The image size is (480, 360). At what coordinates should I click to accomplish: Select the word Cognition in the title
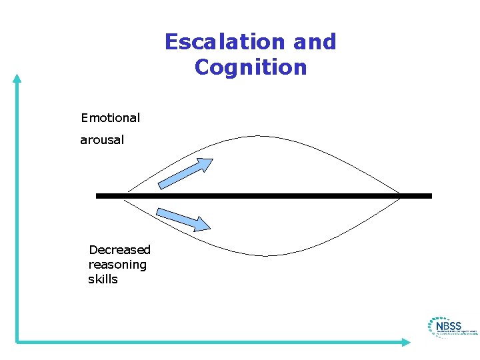pyautogui.click(x=251, y=67)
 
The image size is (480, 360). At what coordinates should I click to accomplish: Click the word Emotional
pyautogui.click(x=110, y=118)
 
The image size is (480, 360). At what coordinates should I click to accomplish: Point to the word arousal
pyautogui.click(x=102, y=140)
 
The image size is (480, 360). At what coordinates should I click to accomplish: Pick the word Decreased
pyautogui.click(x=120, y=250)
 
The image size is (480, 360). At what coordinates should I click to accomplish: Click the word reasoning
pyautogui.click(x=117, y=265)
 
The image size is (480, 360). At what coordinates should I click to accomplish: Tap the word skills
pyautogui.click(x=103, y=279)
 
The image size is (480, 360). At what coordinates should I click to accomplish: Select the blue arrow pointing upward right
pyautogui.click(x=186, y=173)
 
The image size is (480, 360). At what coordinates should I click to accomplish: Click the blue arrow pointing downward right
pyautogui.click(x=182, y=219)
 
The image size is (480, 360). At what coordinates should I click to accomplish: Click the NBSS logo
pyautogui.click(x=451, y=327)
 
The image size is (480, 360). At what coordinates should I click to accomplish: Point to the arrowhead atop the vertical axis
pyautogui.click(x=17, y=77)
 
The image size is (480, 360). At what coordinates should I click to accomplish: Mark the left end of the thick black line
pyautogui.click(x=97, y=196)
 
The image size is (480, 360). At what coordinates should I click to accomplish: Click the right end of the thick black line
pyautogui.click(x=431, y=196)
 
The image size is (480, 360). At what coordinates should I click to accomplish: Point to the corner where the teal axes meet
pyautogui.click(x=17, y=341)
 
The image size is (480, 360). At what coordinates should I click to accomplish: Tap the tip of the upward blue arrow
pyautogui.click(x=212, y=159)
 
